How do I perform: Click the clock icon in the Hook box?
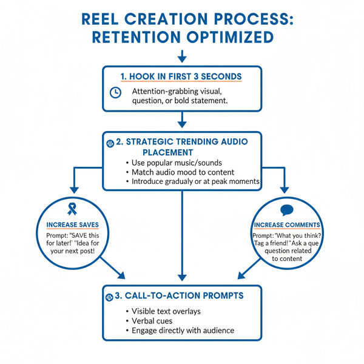pos(115,92)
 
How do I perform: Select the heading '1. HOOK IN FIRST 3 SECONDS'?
pos(181,76)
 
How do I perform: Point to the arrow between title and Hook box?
pos(181,56)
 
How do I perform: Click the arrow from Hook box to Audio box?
pos(181,121)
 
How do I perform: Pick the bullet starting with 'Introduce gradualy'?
pos(191,182)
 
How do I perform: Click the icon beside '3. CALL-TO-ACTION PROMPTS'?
pos(110,297)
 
